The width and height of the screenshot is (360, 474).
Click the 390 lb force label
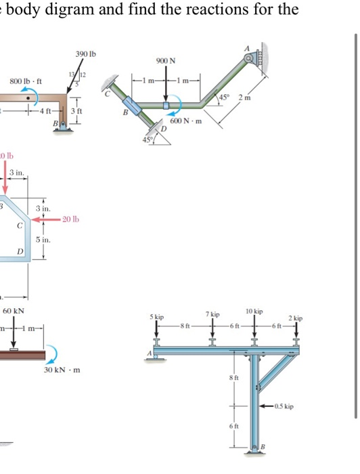85,54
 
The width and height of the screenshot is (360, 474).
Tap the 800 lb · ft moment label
26,81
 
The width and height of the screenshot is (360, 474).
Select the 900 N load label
166,61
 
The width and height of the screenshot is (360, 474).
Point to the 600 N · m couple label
186,121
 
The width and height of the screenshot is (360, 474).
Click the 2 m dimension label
245,98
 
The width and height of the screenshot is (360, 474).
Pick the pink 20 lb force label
70,219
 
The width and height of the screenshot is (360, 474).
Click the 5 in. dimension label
43,240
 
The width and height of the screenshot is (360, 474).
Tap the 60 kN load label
14,311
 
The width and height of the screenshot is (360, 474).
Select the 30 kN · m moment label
62,370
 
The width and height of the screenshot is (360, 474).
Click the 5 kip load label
157,317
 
